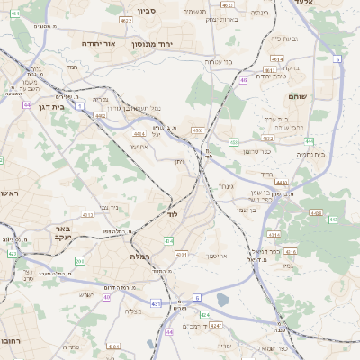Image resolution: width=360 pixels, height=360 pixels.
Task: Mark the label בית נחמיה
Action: coord(310,154)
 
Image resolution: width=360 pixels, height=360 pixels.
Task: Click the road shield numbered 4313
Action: coord(87,215)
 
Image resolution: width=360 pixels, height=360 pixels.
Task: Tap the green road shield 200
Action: coord(78,262)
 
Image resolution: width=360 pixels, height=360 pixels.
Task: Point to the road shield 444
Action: coord(309,141)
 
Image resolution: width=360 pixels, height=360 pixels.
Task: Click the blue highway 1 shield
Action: coord(79,106)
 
